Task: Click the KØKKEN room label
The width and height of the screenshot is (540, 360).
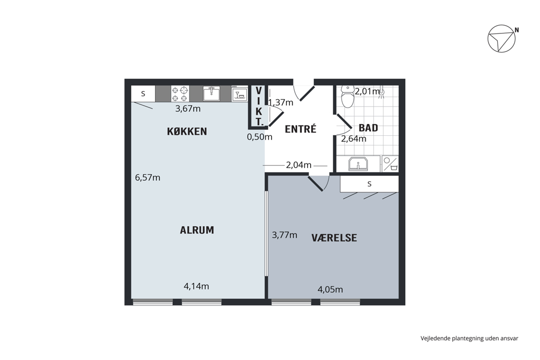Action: pos(187,131)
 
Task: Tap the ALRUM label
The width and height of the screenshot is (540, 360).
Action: pos(197,230)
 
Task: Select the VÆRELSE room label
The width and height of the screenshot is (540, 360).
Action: pos(334,238)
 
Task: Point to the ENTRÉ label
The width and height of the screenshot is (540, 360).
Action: pos(301,129)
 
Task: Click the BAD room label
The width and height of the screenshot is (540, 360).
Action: pos(369,128)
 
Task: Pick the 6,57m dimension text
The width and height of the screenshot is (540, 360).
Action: pos(148,178)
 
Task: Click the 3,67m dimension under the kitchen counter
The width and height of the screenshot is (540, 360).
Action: pos(188,109)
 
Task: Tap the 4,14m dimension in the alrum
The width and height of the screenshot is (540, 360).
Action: pos(196,286)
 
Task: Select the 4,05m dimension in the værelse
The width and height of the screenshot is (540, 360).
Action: pos(330,290)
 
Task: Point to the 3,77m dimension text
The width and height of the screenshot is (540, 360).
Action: pos(284,235)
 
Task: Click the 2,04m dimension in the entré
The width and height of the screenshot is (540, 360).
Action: pos(299,165)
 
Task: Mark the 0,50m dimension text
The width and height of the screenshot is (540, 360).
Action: pos(260,137)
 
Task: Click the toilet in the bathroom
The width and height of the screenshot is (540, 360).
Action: pos(347,97)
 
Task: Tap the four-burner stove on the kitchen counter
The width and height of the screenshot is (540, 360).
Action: pos(180,94)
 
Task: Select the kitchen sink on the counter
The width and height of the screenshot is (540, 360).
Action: pos(211,94)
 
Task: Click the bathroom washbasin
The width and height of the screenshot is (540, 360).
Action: pos(358,164)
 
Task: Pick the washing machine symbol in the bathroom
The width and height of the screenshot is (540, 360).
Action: pos(390,164)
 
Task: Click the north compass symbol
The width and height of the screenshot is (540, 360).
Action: pos(502,38)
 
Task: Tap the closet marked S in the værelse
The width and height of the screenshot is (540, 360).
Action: pos(369,184)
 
